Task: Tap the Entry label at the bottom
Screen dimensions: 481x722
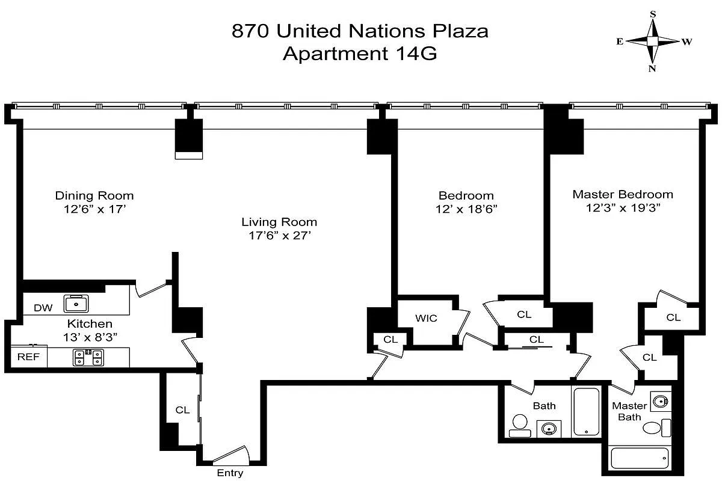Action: pyautogui.click(x=230, y=473)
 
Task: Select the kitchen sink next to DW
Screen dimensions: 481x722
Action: pyautogui.click(x=76, y=303)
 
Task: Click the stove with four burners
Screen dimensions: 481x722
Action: pyautogui.click(x=87, y=358)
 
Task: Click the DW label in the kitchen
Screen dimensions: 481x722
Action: pyautogui.click(x=43, y=308)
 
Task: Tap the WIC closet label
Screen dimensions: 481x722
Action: pyautogui.click(x=426, y=318)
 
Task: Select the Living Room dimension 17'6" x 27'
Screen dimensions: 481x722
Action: pyautogui.click(x=279, y=236)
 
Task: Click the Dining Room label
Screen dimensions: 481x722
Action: pyautogui.click(x=94, y=195)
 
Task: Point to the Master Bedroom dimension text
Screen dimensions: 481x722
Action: pyautogui.click(x=622, y=208)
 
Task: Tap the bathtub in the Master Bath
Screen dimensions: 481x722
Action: pyautogui.click(x=639, y=458)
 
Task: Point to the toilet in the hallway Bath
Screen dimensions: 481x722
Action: pyautogui.click(x=519, y=425)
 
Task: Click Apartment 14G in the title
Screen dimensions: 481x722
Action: pyautogui.click(x=360, y=54)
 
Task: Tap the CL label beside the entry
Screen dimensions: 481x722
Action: pyautogui.click(x=182, y=410)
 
